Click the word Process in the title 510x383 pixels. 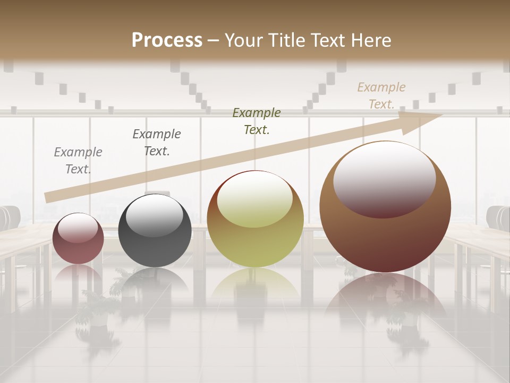point(167,40)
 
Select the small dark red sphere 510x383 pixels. point(78,239)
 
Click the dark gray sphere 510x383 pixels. point(155,231)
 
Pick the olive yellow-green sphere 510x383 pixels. point(255,219)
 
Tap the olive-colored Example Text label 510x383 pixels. point(257,121)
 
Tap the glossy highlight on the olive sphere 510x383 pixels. point(254,198)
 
